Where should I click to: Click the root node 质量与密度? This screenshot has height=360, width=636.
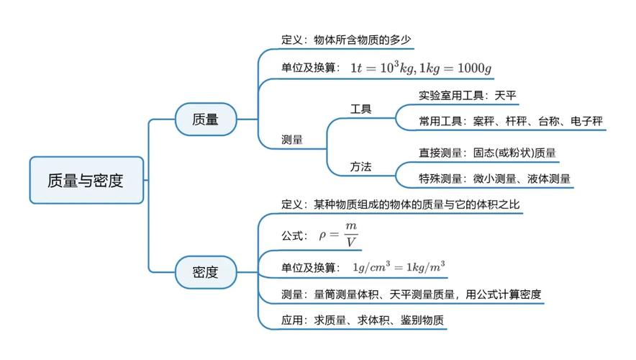(86, 180)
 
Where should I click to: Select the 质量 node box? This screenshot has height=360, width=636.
(206, 119)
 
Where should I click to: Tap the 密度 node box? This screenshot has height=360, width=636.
(206, 272)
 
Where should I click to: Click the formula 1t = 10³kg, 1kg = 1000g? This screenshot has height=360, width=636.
(421, 68)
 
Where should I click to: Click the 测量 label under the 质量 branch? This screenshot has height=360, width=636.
(292, 140)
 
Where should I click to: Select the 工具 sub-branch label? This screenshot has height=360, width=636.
(360, 109)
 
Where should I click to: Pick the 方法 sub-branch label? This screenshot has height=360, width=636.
(360, 166)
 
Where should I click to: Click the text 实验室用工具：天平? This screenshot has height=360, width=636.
(468, 95)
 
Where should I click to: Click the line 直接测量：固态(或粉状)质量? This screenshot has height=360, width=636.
(488, 153)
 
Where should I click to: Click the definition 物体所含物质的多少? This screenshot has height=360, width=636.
(363, 40)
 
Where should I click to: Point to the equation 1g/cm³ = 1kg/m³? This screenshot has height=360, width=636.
(399, 267)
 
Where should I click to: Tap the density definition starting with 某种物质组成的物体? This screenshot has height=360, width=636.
(417, 204)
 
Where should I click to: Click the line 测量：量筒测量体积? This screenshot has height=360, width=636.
(411, 294)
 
